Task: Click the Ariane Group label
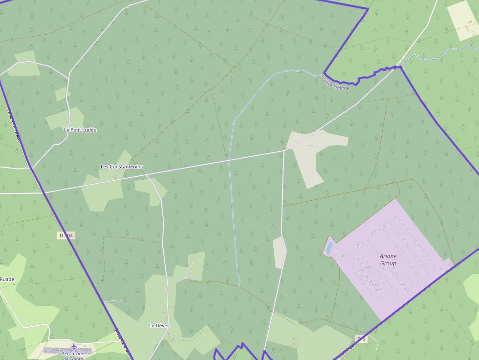coord(388,259)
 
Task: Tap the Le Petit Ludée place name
coord(80,130)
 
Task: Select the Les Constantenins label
coord(122,167)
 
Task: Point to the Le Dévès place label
coord(158,325)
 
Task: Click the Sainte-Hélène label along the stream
coord(335,83)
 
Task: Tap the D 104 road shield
coord(65,236)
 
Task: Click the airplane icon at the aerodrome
coord(74,346)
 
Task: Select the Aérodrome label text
coord(74,354)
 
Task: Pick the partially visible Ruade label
coord(7,279)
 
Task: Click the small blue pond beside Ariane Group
coord(329,248)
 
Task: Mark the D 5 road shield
coord(361,339)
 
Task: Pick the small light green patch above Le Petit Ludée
coord(62,93)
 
